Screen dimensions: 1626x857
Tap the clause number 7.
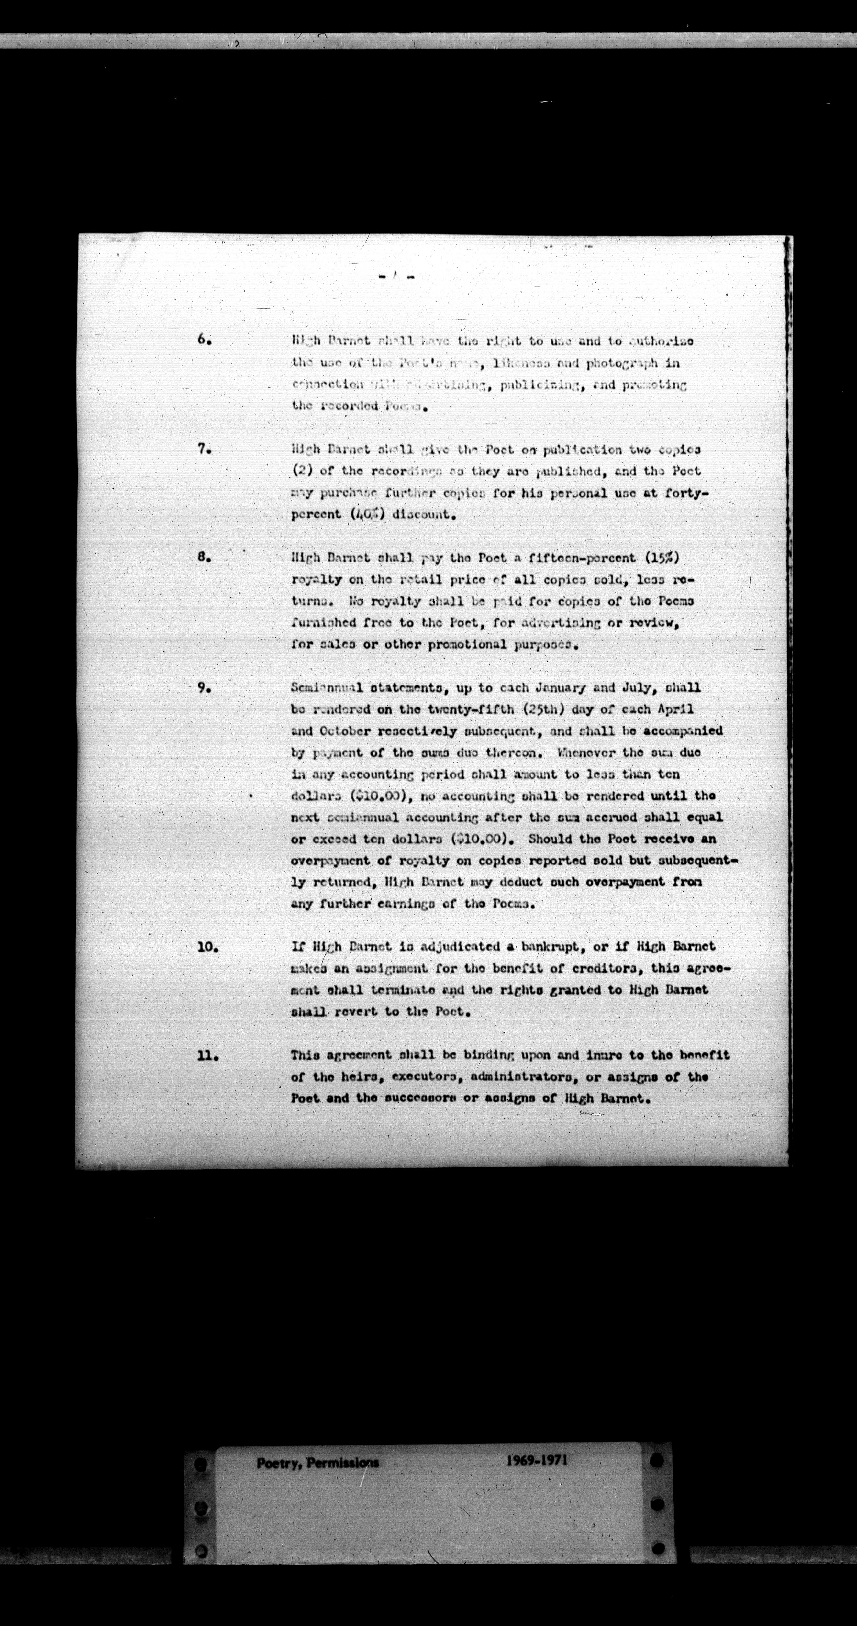click(203, 450)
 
